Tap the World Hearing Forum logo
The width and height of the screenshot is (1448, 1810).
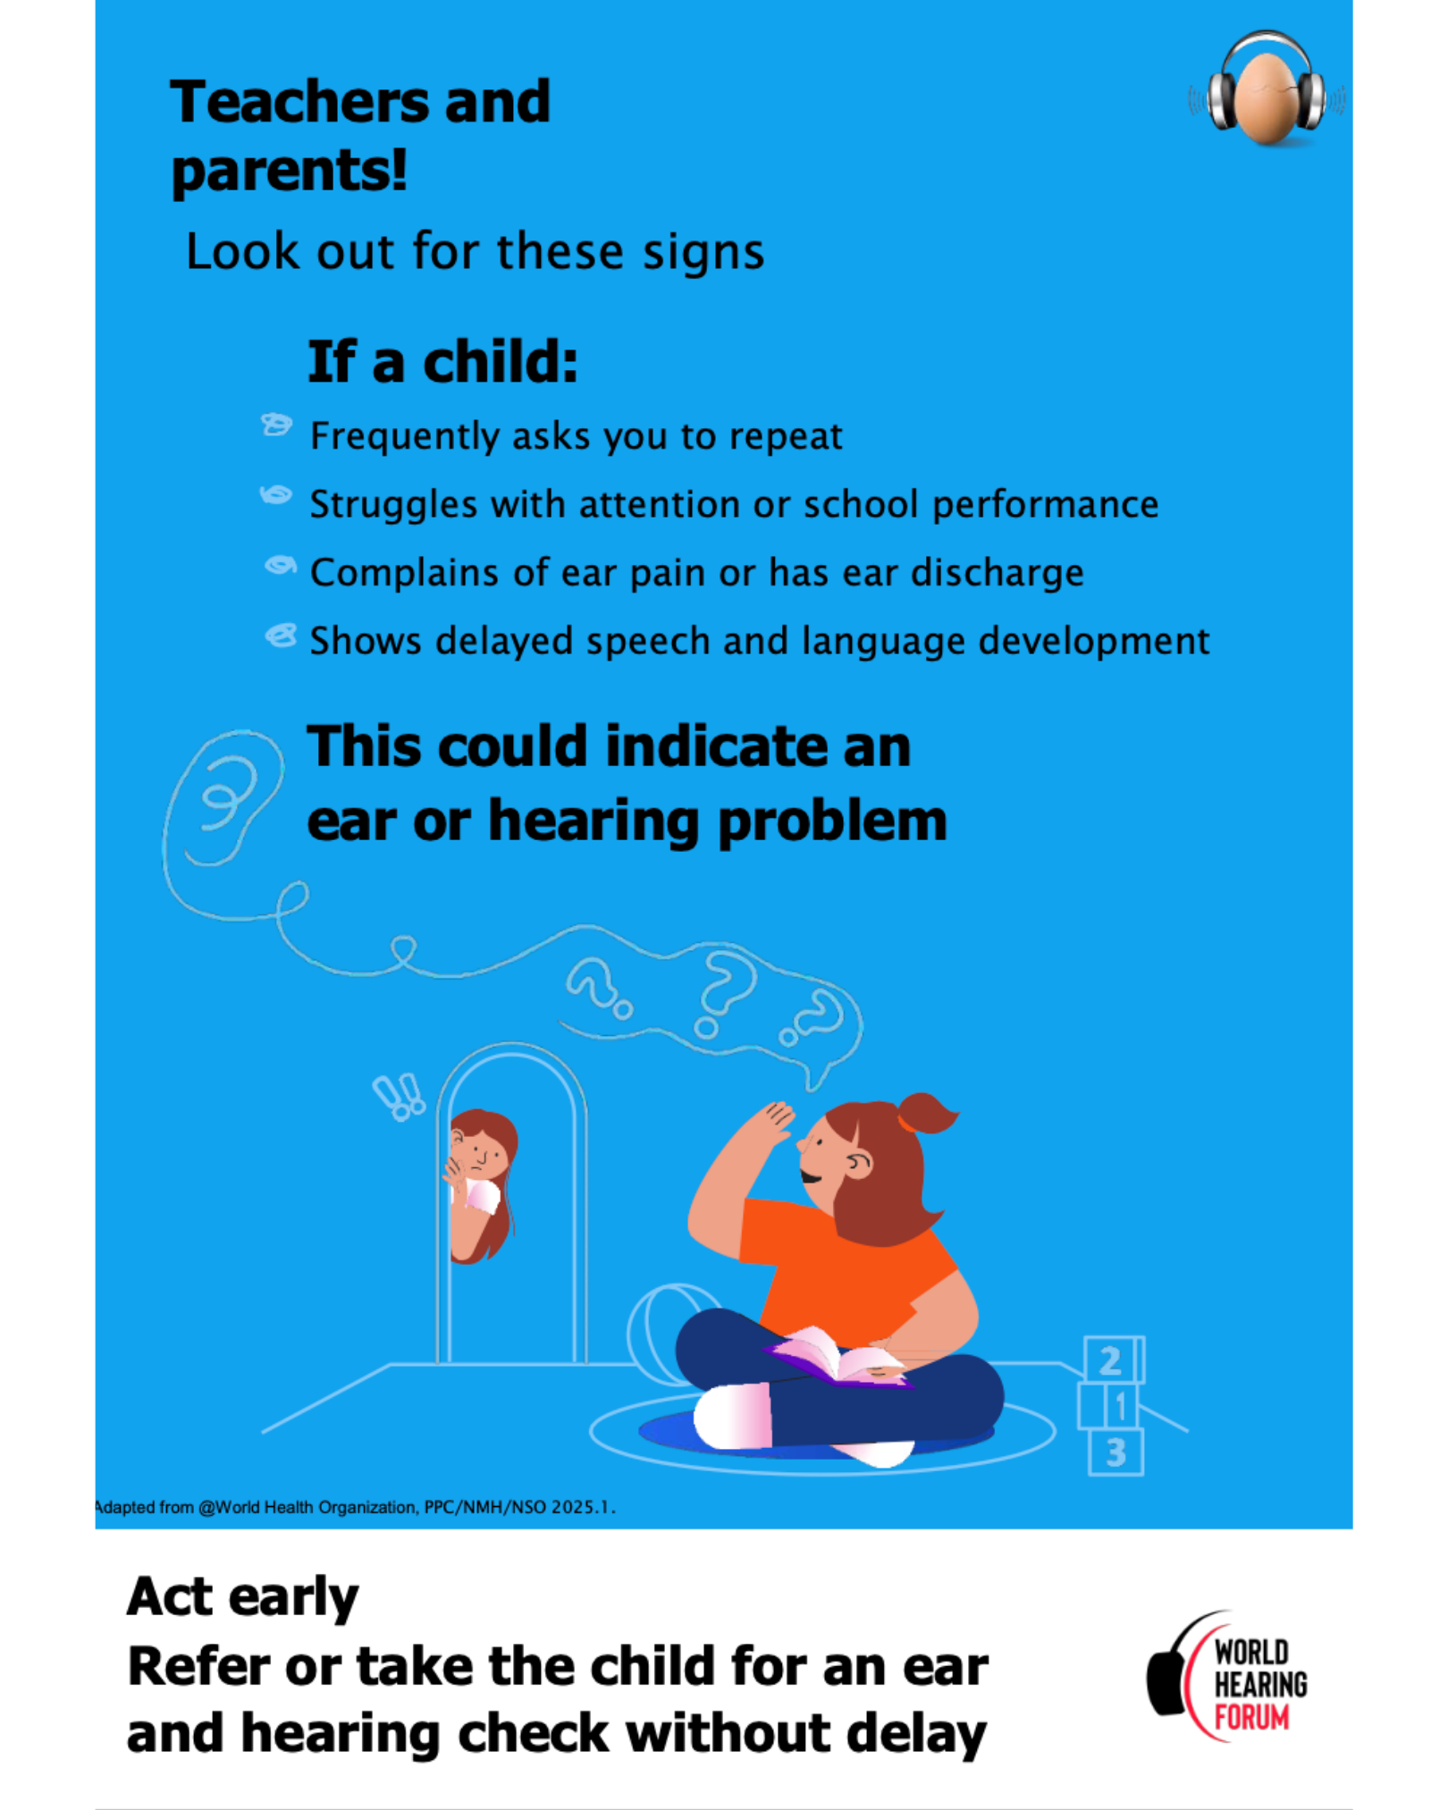pos(1226,1677)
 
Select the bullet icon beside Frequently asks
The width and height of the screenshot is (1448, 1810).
pos(276,425)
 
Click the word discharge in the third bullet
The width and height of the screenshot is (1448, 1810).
pos(997,572)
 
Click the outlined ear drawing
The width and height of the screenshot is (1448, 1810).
pos(224,798)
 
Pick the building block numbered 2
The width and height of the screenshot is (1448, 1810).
pos(1114,1360)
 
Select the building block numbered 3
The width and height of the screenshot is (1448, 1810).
pos(1115,1452)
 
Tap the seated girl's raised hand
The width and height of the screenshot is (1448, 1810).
pos(770,1123)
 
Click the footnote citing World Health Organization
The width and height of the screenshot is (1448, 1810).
pos(356,1507)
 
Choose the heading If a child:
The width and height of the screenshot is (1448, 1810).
pos(442,362)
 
